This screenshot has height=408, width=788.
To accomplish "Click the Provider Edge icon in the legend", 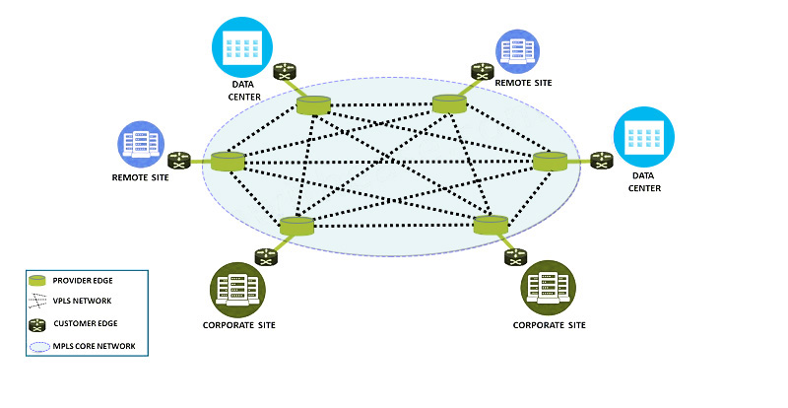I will click(37, 281).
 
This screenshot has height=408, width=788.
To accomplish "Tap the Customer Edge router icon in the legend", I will click(37, 325).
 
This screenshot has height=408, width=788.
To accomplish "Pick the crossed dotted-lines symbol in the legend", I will click(37, 303).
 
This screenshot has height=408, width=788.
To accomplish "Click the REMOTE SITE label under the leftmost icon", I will click(140, 177).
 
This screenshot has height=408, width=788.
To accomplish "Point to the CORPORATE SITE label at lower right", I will click(550, 324).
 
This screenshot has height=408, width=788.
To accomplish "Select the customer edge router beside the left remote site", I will click(179, 160).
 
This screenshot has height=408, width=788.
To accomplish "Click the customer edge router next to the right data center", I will click(602, 160).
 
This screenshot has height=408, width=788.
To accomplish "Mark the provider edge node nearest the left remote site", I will click(228, 162).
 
